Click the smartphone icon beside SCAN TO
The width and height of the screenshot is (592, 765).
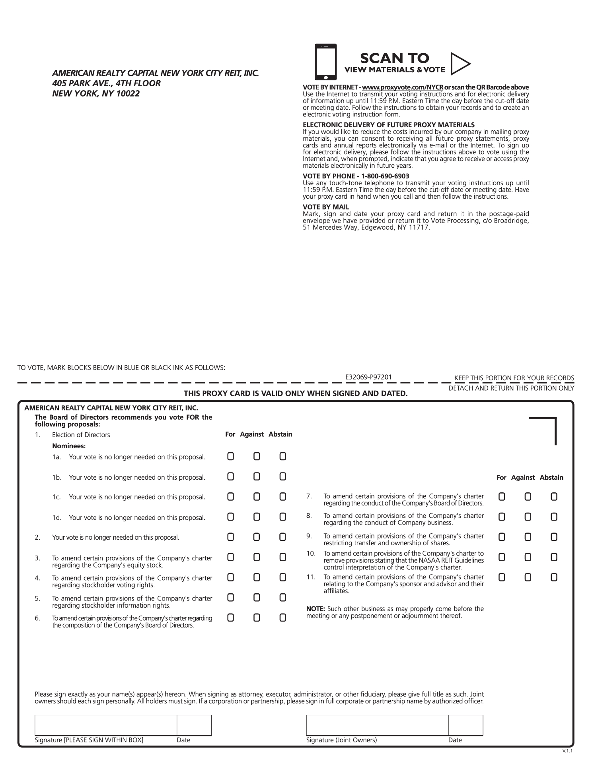(x=325, y=62)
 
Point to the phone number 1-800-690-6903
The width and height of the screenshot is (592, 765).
(x=385, y=176)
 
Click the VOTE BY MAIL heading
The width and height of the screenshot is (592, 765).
(x=326, y=207)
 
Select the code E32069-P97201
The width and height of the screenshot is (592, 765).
(x=369, y=377)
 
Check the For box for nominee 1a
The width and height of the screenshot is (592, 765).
(x=231, y=456)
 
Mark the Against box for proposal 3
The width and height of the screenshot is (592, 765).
(x=257, y=557)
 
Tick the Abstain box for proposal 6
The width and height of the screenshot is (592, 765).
(x=282, y=618)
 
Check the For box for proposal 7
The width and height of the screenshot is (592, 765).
(x=502, y=497)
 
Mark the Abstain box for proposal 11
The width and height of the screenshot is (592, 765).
(x=554, y=577)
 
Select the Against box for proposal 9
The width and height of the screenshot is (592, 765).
(x=528, y=537)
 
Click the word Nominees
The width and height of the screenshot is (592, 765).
(x=69, y=446)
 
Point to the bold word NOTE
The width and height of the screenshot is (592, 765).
(x=315, y=609)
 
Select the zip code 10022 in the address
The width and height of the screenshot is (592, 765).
(x=128, y=94)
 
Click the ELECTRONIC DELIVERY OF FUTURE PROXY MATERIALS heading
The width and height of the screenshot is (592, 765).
(x=389, y=125)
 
